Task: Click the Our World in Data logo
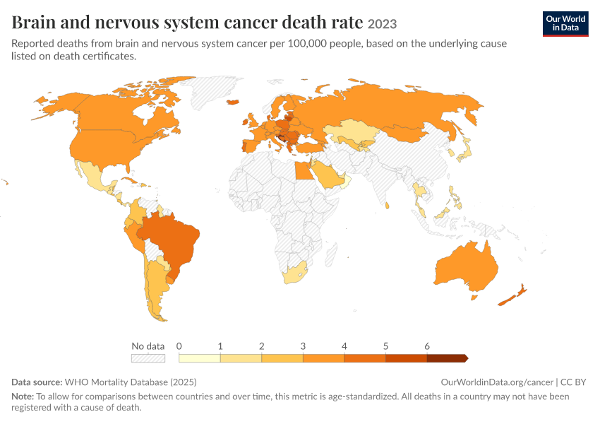(565, 24)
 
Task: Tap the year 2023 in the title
(382, 24)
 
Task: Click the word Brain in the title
(33, 22)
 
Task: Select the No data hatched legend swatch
(148, 358)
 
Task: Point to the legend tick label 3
(303, 346)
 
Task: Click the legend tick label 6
(427, 346)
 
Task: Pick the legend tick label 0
(179, 346)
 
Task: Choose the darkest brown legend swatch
(448, 358)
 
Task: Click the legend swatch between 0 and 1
(199, 358)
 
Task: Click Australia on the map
(467, 267)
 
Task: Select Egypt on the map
(304, 171)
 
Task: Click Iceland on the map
(233, 102)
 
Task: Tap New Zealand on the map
(512, 295)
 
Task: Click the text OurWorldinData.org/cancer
(497, 382)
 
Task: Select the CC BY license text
(573, 382)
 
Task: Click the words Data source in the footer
(37, 382)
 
